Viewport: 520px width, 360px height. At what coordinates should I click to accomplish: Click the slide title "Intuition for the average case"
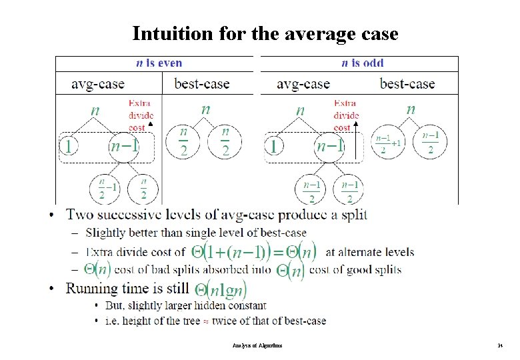coord(265,33)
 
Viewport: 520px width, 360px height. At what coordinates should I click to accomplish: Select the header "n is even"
coord(159,63)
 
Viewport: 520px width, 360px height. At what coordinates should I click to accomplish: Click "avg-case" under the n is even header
coord(98,84)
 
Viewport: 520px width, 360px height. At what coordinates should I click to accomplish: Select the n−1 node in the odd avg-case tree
coord(329,145)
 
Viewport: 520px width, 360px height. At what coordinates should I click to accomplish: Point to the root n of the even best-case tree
coord(206,109)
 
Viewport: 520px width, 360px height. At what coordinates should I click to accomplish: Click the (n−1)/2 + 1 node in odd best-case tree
coord(388,144)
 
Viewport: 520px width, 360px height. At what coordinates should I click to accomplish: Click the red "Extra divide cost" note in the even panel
coord(139,115)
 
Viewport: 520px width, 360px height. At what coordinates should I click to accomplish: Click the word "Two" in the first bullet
coord(81,215)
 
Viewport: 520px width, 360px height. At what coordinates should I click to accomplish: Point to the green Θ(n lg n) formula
coord(220,289)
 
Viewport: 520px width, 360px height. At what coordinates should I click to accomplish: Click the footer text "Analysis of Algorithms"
coord(259,346)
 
